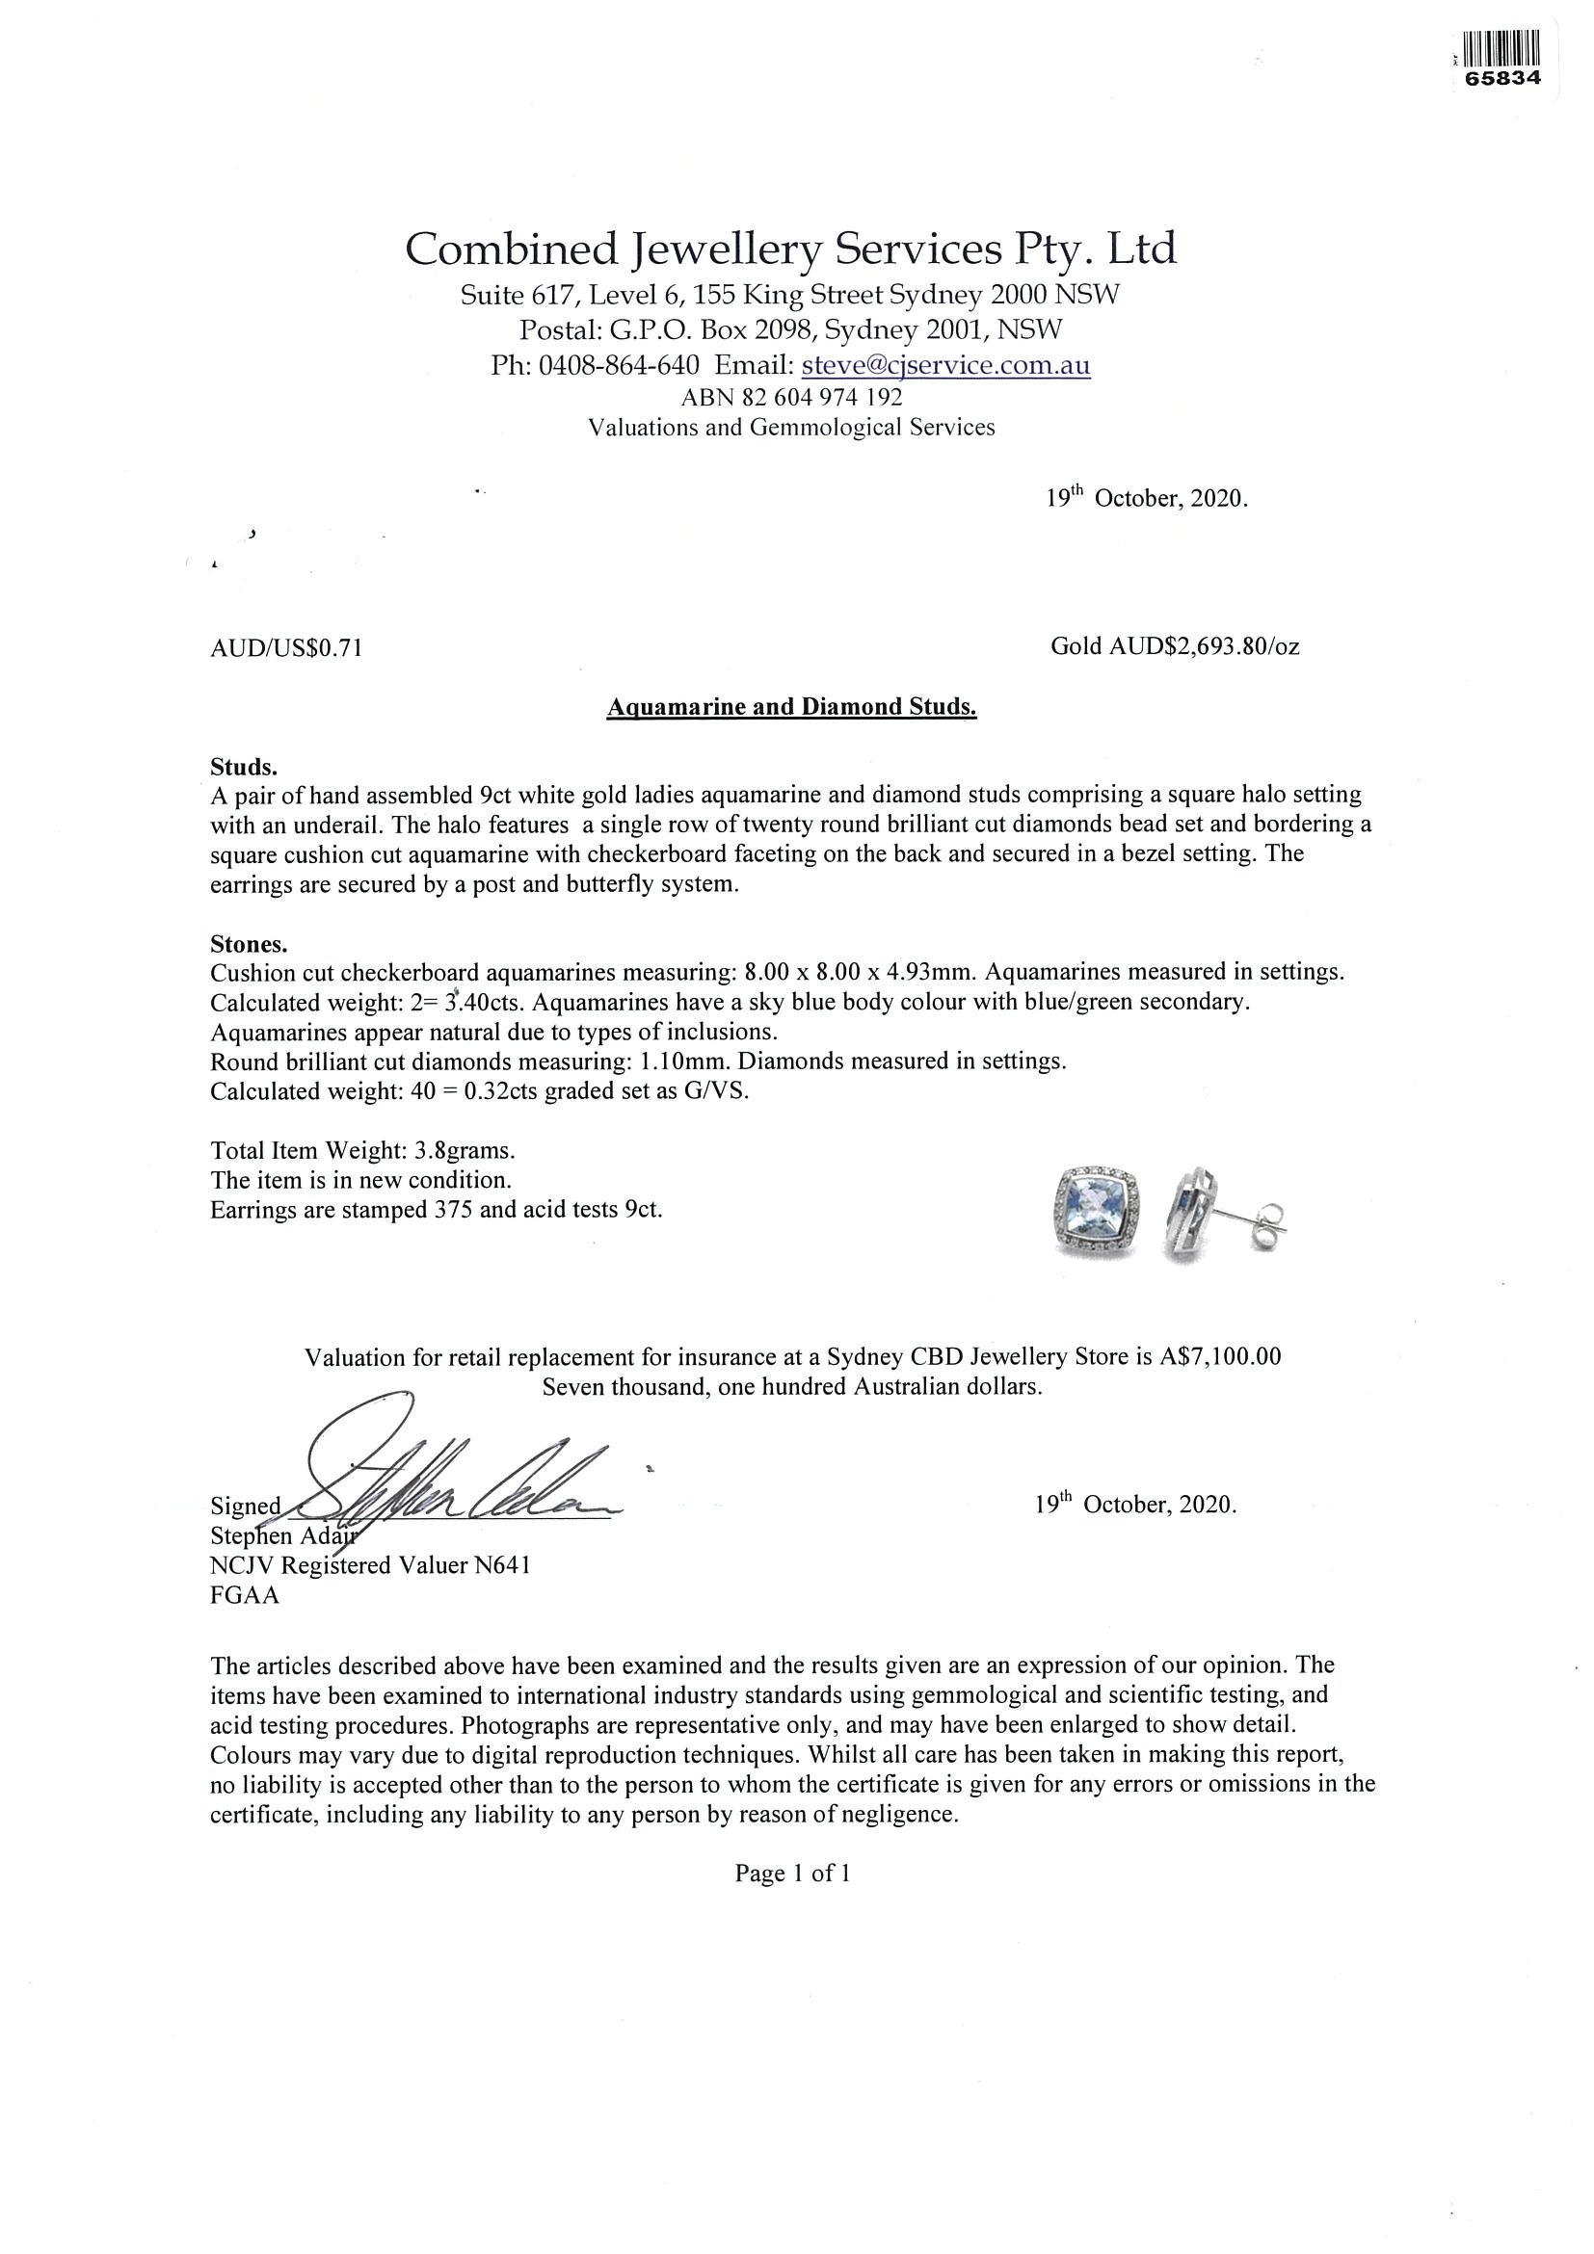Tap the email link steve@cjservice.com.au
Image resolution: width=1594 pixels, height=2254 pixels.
click(945, 365)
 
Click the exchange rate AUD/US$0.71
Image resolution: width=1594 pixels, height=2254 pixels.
click(287, 648)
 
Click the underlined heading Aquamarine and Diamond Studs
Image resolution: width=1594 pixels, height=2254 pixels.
click(791, 707)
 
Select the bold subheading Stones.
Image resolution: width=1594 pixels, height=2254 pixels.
click(249, 944)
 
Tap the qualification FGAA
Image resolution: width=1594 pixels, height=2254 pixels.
click(245, 1595)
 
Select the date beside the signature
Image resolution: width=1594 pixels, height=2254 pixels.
click(1135, 1504)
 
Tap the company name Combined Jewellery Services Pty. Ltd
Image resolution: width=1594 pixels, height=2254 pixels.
click(790, 249)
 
